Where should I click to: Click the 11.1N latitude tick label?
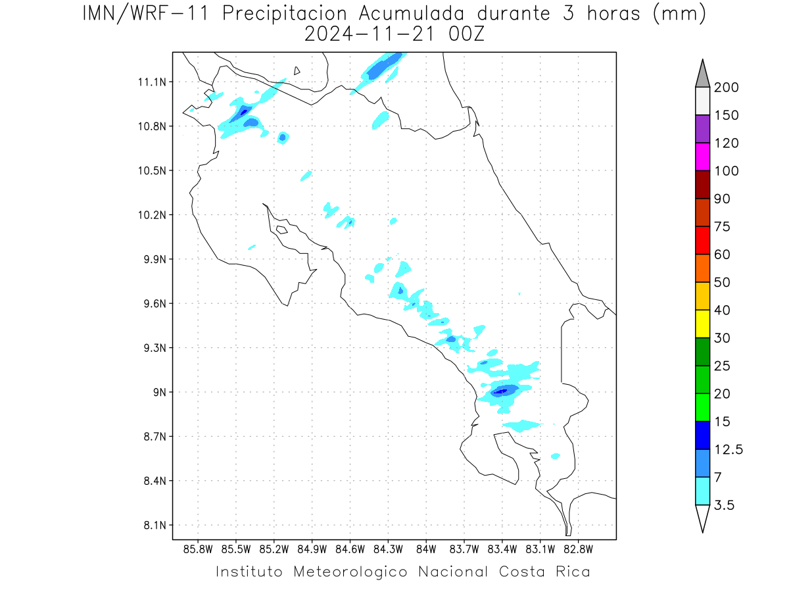[152, 82]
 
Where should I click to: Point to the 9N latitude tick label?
[160, 392]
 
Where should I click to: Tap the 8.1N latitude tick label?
[155, 525]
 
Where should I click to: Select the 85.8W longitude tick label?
[198, 550]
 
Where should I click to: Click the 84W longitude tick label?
[426, 550]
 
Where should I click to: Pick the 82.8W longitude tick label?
[578, 550]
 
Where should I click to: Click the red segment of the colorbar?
[702, 240]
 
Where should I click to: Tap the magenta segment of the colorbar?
[702, 157]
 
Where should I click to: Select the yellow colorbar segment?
[702, 324]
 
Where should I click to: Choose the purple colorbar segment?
[702, 129]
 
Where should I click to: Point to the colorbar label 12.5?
[729, 450]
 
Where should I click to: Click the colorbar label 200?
[726, 87]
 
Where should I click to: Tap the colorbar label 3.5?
[724, 505]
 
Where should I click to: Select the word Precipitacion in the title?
[285, 14]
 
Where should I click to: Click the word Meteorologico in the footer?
[350, 572]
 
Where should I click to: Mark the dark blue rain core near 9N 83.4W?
[501, 391]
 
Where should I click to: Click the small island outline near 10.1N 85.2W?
[282, 230]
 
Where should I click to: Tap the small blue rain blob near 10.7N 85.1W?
[283, 137]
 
